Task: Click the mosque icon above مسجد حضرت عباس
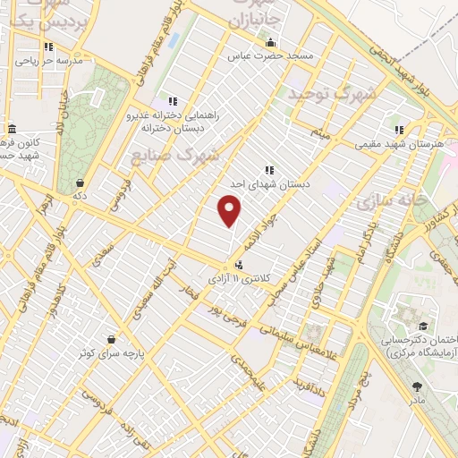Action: click(x=271, y=42)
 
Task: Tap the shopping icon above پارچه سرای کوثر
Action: click(x=110, y=340)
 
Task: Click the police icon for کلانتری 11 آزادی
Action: click(x=239, y=265)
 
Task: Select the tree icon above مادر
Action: click(x=417, y=386)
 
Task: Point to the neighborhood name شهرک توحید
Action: click(x=331, y=93)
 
